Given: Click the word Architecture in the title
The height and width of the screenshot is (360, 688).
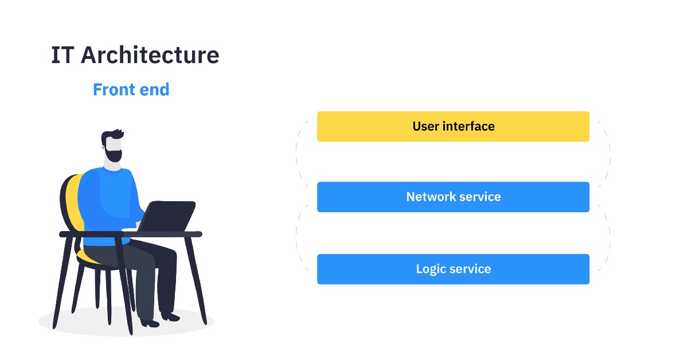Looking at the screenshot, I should click(x=150, y=56).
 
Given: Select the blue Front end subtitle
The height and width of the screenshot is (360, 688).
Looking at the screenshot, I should click(x=131, y=90).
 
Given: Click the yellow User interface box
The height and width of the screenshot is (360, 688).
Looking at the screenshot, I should click(x=453, y=126).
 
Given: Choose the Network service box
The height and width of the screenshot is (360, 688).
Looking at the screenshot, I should click(x=453, y=197).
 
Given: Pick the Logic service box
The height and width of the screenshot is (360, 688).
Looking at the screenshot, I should click(x=453, y=269).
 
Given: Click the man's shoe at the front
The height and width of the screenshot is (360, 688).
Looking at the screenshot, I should click(x=150, y=323).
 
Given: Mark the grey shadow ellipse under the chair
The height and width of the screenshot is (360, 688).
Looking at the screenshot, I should click(x=63, y=324).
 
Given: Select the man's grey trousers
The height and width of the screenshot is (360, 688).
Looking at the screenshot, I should click(x=143, y=269).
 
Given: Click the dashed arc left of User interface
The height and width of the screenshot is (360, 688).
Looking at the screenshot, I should click(x=298, y=155).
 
